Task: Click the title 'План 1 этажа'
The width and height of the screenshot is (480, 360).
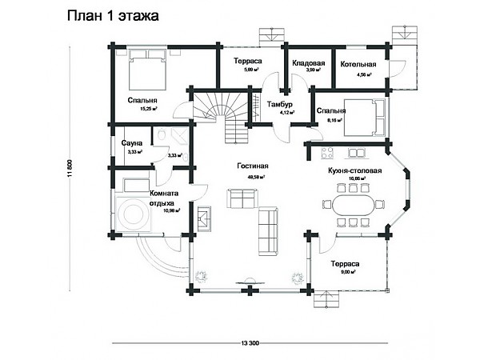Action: [x=113, y=15]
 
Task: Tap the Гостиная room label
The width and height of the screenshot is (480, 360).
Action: [x=252, y=166]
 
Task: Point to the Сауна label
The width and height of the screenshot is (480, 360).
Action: [x=131, y=142]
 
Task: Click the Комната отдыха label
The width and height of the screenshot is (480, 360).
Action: [x=164, y=198]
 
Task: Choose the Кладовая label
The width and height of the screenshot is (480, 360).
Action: [x=307, y=62]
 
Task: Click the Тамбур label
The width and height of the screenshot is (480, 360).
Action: [x=280, y=105]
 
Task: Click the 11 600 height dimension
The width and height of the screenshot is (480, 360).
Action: [x=71, y=169]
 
